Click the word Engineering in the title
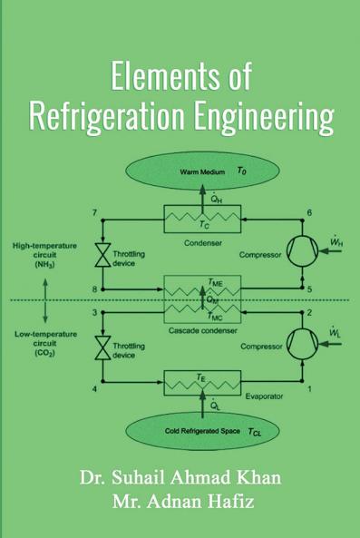tap(260, 118)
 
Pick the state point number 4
tap(94, 388)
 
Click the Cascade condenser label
tap(203, 330)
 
